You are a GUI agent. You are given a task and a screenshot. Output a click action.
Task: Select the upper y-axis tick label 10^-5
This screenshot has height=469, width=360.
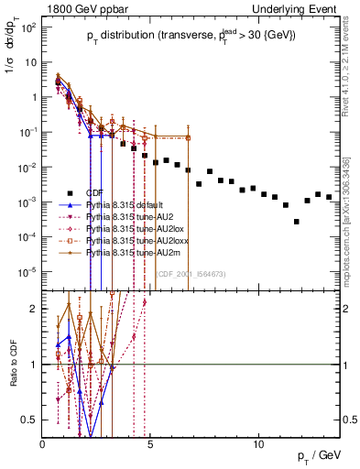pos(27,271)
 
